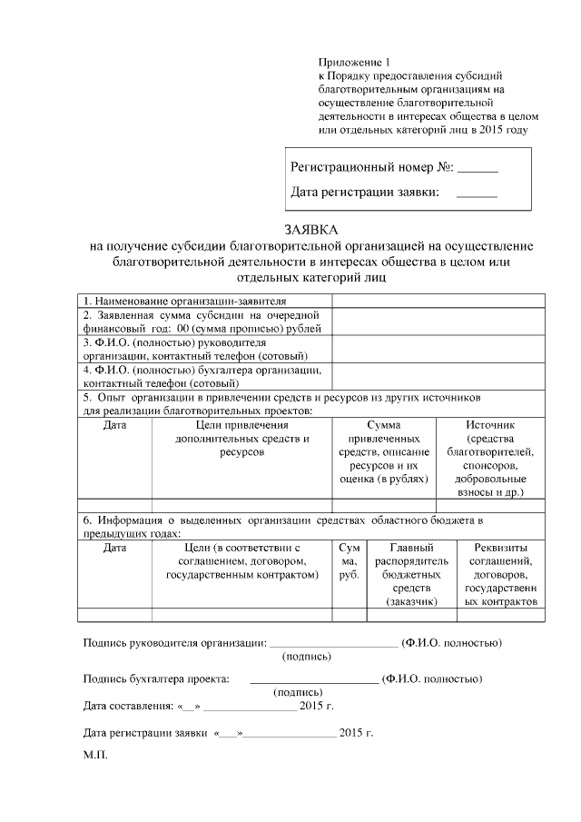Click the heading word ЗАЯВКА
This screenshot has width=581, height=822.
point(311,231)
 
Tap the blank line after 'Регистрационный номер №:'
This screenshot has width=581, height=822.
point(478,169)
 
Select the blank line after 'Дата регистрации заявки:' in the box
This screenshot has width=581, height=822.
point(478,193)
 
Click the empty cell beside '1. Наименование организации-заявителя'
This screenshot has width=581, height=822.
point(438,302)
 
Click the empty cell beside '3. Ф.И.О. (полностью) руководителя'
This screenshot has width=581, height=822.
point(438,350)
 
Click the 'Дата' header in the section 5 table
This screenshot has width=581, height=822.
point(114,424)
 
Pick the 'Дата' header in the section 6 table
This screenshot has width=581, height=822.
point(114,549)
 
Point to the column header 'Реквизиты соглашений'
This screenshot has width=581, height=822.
point(501,574)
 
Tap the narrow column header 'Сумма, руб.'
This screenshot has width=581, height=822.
point(350,561)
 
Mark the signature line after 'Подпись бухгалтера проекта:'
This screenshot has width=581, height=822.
point(313,678)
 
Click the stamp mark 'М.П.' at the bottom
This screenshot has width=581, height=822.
point(94,755)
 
